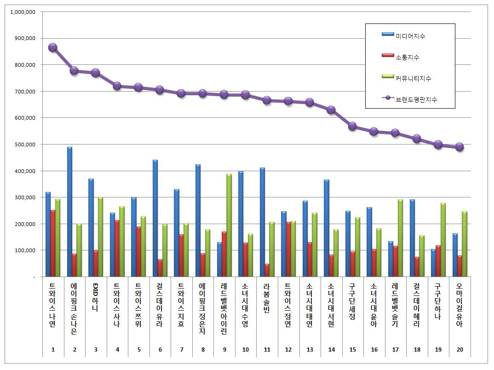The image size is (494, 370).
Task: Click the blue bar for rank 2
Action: [69, 212]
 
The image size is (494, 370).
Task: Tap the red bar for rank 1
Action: [53, 243]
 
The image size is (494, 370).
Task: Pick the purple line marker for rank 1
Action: [53, 47]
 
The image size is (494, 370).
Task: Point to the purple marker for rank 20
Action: [459, 147]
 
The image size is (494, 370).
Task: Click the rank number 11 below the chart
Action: [267, 350]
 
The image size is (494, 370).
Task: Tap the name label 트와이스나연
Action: [52, 304]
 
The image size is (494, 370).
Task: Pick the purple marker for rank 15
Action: [352, 126]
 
